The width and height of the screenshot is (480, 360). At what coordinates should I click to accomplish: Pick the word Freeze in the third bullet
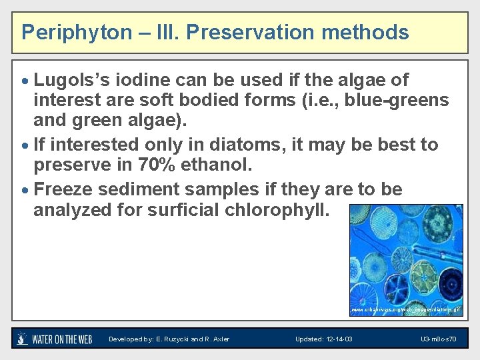(x=62, y=189)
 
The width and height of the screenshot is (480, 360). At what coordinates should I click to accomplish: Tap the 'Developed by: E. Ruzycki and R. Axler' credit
(x=169, y=339)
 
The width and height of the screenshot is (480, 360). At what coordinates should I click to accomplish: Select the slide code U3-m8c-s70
(x=438, y=339)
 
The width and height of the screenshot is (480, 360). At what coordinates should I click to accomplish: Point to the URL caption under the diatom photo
(x=405, y=310)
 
